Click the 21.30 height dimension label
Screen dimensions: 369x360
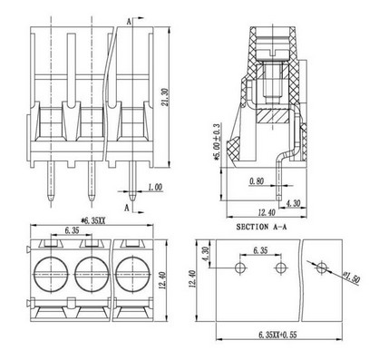165,97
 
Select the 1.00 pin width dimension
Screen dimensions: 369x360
155,188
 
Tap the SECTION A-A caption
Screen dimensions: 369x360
261,227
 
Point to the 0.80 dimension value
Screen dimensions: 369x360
257,181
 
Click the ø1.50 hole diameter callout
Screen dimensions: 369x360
352,277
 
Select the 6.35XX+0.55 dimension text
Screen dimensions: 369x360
277,335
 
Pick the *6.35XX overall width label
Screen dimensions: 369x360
92,221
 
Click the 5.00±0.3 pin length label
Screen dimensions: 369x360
217,141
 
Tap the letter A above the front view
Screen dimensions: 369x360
129,22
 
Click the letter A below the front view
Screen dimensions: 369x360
128,208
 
